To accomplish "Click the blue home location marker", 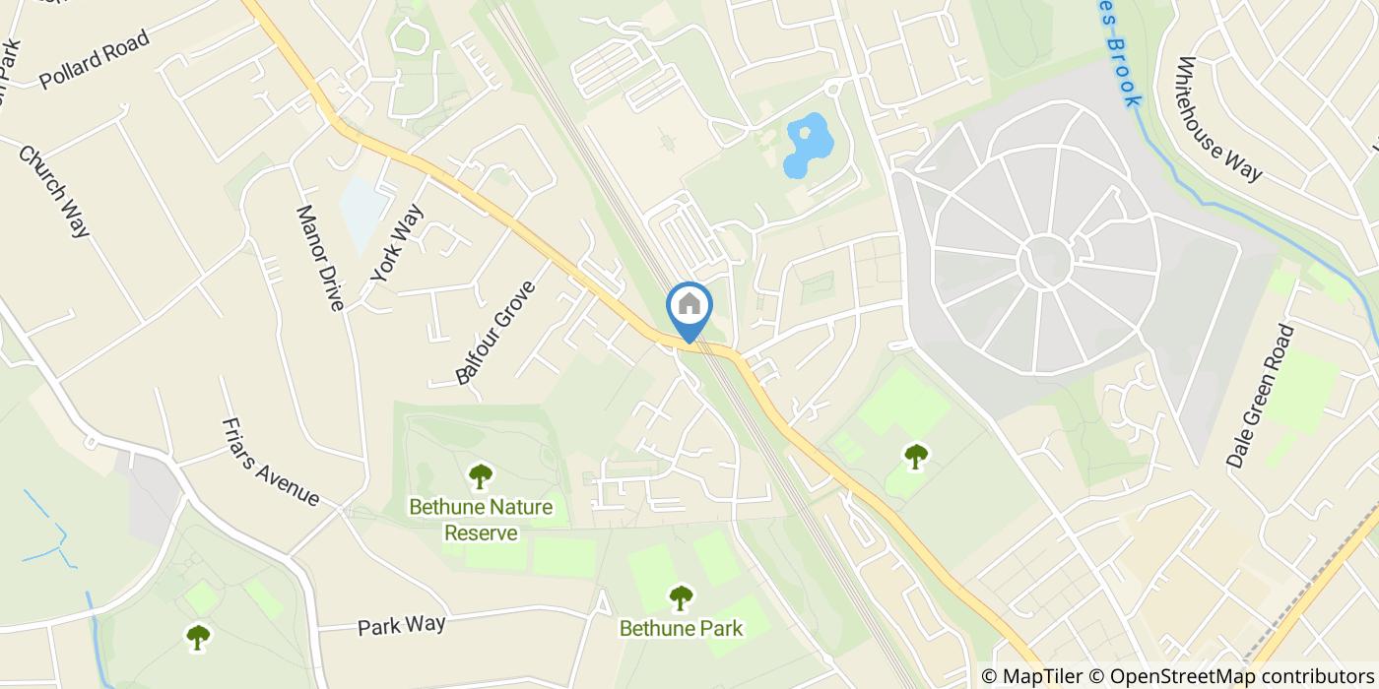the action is pyautogui.click(x=689, y=306).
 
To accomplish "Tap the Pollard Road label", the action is pyautogui.click(x=95, y=60).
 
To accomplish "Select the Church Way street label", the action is pyautogui.click(x=55, y=192).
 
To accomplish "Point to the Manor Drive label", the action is pyautogui.click(x=320, y=258).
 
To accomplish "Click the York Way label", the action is pyautogui.click(x=397, y=243).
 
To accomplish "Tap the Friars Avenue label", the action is pyautogui.click(x=271, y=462).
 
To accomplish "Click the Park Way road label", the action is pyautogui.click(x=401, y=625).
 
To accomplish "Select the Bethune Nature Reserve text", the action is pyautogui.click(x=481, y=520).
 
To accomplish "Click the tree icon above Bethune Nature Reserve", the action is pyautogui.click(x=481, y=476).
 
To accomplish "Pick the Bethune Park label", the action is pyautogui.click(x=681, y=627).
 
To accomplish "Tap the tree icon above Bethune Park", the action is pyautogui.click(x=681, y=596).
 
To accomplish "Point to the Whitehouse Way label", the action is pyautogui.click(x=1218, y=118).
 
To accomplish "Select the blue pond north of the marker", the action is pyautogui.click(x=806, y=146).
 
